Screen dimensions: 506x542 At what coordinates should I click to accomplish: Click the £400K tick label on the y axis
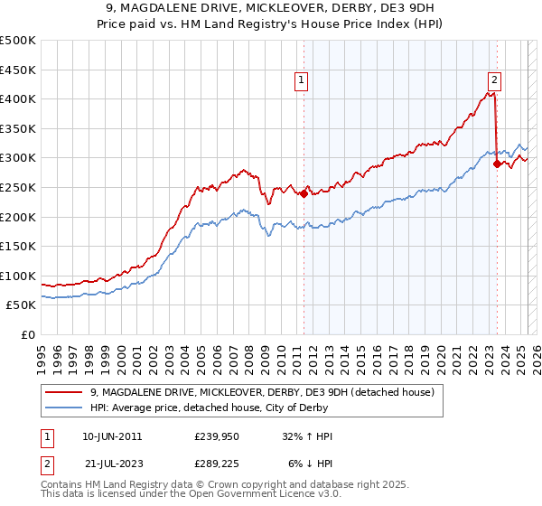(x=18, y=98)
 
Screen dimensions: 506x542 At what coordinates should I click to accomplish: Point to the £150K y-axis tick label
(x=18, y=246)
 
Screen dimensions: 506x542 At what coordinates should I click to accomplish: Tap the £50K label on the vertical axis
(x=22, y=305)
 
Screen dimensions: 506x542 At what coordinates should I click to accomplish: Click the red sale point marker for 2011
(x=304, y=192)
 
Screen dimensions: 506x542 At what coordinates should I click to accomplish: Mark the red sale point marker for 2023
(x=497, y=164)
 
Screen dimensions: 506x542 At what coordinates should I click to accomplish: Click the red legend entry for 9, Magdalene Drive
(x=262, y=392)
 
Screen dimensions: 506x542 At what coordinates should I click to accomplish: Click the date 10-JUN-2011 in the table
(x=112, y=436)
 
